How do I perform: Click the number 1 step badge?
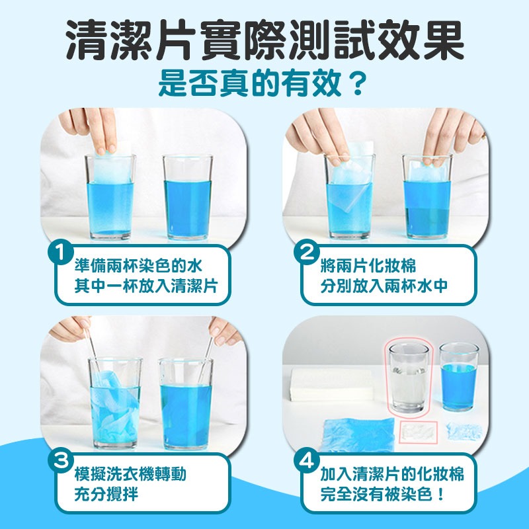[x=61, y=253]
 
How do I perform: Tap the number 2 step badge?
[x=307, y=253]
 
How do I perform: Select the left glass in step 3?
[x=115, y=403]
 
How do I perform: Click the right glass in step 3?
[x=185, y=403]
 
